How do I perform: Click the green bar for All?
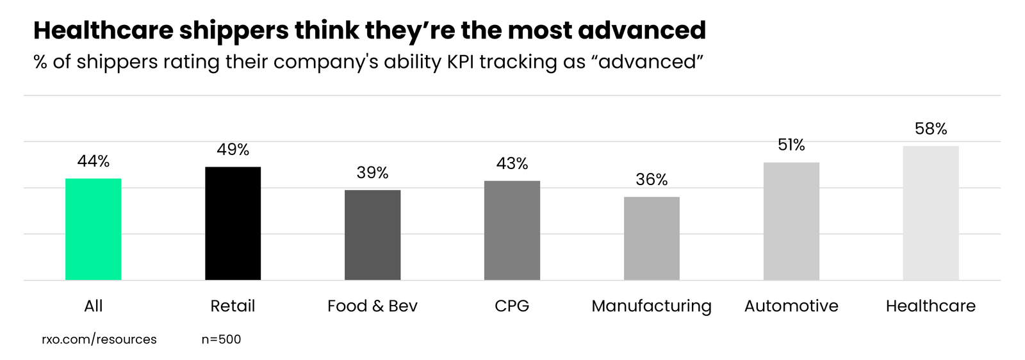tap(93, 229)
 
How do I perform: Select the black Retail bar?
tap(233, 224)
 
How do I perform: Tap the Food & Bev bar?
tap(372, 235)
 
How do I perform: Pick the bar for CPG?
tap(512, 231)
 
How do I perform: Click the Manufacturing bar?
tap(652, 238)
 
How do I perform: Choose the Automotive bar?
tap(791, 221)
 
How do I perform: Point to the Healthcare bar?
tap(931, 213)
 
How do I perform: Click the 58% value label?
tap(931, 129)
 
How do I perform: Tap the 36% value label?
tap(652, 179)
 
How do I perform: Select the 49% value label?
tap(233, 149)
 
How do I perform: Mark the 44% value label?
tap(93, 161)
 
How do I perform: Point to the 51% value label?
tap(791, 145)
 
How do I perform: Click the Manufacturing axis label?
tap(652, 306)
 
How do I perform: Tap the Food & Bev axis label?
tap(372, 306)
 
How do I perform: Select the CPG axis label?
tap(512, 306)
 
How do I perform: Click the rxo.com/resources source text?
tap(99, 340)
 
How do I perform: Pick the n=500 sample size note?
tap(221, 340)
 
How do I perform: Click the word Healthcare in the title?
tap(102, 30)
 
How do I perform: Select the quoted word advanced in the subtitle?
tap(647, 62)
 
